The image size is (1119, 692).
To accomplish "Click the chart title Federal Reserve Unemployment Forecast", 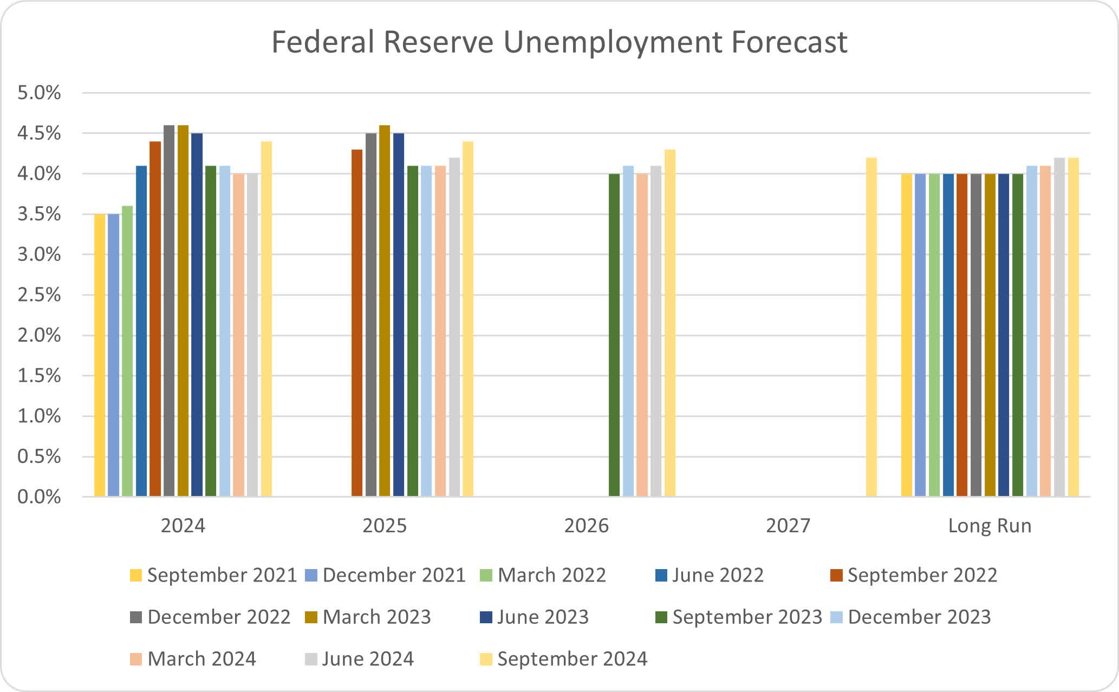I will tap(559, 42).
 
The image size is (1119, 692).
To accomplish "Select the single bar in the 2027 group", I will tap(871, 327).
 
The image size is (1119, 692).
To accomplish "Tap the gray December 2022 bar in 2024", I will tap(169, 311).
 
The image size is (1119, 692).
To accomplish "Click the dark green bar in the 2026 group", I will tap(614, 335).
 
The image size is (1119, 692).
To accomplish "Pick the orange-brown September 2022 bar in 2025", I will tap(357, 323).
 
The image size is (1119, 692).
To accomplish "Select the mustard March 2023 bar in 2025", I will tap(385, 311).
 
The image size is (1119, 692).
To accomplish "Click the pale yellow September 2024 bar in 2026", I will tap(670, 323).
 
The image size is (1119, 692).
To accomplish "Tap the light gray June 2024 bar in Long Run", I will tap(1059, 327).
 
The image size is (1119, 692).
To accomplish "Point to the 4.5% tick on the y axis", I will tap(39, 133).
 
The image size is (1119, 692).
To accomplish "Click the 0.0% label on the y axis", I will tap(39, 497).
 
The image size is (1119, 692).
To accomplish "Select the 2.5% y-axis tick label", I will tap(39, 295).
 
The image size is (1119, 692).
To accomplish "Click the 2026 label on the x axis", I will tap(586, 526).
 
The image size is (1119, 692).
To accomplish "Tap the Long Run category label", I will tap(990, 526).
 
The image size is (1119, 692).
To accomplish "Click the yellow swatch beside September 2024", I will tap(486, 659).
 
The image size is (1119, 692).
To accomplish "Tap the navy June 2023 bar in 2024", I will tap(197, 315).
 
